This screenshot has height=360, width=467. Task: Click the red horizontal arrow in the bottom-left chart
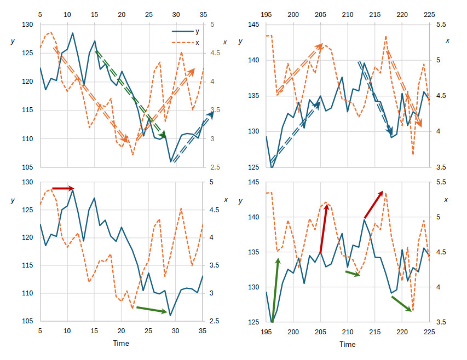[63, 188]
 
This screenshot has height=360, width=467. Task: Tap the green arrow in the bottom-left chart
[151, 310]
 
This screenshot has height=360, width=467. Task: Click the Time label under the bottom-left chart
[121, 344]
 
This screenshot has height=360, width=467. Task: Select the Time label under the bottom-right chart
[347, 344]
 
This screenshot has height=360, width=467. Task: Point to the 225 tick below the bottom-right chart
[429, 332]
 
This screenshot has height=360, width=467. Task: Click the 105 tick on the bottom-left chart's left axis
[27, 321]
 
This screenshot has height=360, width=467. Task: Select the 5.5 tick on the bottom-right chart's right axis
[441, 182]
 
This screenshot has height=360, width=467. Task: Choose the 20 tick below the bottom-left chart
[121, 332]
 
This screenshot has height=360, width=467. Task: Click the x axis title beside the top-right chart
[448, 40]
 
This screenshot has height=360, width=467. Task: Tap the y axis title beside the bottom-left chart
[13, 201]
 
